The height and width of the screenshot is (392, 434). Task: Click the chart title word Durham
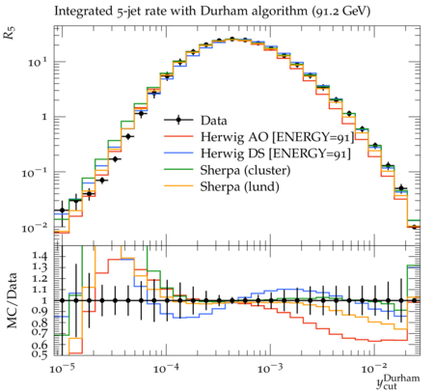[x=222, y=12]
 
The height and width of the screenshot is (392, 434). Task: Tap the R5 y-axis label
[x=10, y=33]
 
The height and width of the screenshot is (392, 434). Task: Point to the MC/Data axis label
[x=12, y=300]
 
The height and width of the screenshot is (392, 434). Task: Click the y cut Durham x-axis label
[x=398, y=381]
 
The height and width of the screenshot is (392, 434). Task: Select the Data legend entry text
[x=214, y=121]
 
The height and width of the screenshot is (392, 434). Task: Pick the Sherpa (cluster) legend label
[x=245, y=171]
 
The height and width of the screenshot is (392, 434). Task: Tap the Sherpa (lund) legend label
[x=239, y=187]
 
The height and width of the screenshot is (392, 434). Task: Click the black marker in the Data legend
[x=178, y=121]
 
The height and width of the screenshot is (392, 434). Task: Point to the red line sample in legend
[x=178, y=137]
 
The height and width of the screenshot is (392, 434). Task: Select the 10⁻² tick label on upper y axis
[x=35, y=228]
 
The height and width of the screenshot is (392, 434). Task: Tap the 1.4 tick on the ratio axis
[x=40, y=257]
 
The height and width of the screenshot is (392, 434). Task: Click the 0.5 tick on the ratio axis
[x=40, y=354]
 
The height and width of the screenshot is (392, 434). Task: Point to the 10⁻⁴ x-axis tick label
[x=167, y=369]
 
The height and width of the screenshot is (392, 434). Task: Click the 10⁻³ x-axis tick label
[x=271, y=369]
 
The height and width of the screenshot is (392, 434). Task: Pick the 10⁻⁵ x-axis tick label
[x=63, y=369]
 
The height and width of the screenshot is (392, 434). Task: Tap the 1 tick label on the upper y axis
[x=44, y=117]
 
